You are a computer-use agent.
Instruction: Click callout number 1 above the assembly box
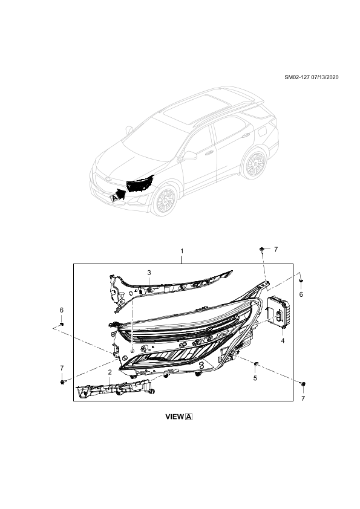coord(182,251)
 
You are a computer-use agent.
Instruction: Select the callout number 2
coord(110,372)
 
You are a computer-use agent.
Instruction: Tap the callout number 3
coord(149,273)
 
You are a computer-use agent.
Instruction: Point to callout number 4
coord(283,340)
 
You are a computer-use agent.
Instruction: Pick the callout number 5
coord(255,378)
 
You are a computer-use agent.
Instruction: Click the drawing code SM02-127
coord(297,77)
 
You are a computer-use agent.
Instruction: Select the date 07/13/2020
coord(324,77)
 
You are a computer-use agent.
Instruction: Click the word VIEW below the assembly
coord(174,417)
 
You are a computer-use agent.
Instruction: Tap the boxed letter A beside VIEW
coord(189,417)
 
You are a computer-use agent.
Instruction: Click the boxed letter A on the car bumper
coord(114,198)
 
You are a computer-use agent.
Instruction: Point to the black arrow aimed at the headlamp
coord(122,194)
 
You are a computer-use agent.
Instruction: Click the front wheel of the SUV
coord(166,201)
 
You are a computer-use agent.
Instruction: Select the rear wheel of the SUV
coord(254,164)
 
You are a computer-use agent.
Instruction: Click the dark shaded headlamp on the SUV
coord(140,184)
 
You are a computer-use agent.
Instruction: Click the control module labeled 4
coord(278,313)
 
